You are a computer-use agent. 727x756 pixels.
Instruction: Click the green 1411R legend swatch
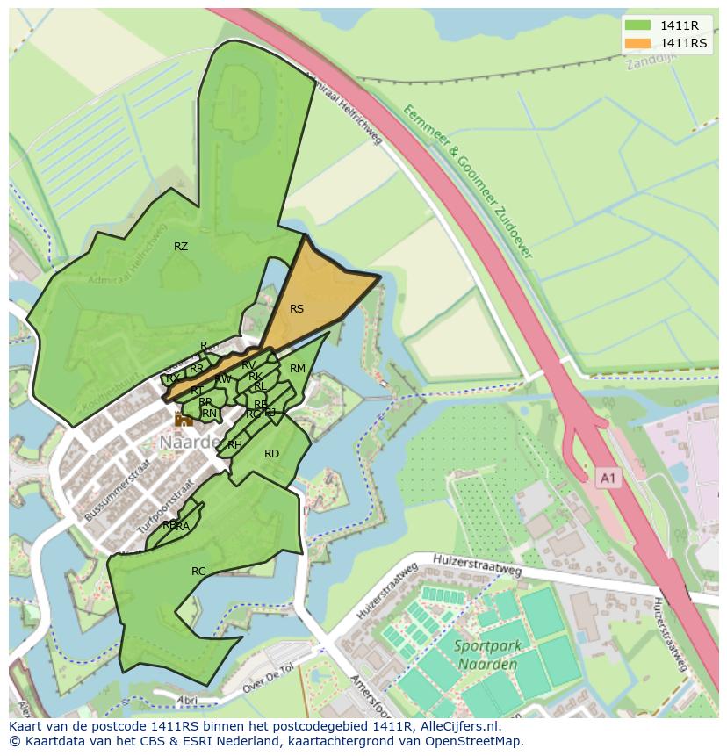tap(638, 26)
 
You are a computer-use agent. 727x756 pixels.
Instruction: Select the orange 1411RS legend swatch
tap(638, 44)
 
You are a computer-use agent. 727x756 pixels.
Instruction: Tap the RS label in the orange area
tap(297, 309)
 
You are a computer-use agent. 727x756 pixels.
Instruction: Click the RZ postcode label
tap(181, 247)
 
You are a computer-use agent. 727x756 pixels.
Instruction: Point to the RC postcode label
tap(198, 572)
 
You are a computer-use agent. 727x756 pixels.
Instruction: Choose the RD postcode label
tap(271, 454)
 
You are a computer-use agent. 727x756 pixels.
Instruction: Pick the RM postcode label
tap(298, 369)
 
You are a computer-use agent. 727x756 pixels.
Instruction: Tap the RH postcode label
tap(234, 445)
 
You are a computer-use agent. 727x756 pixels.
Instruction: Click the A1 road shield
tap(608, 478)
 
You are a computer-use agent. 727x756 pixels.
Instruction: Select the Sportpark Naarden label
tap(488, 655)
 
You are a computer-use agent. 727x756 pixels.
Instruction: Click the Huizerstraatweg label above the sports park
tap(478, 564)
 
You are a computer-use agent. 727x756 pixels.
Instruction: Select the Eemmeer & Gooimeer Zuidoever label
tap(469, 181)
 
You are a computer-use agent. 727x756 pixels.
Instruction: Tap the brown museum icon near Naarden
tap(184, 420)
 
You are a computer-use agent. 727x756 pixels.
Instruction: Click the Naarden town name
tap(190, 443)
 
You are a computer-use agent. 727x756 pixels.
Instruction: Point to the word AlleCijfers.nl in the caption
tap(457, 727)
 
